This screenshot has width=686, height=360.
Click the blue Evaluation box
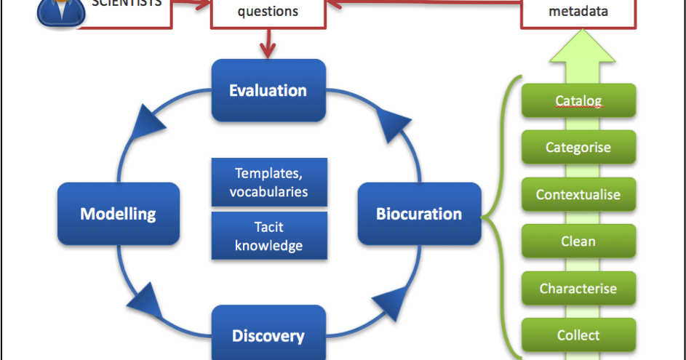(268, 91)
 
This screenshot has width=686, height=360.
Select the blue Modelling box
(119, 214)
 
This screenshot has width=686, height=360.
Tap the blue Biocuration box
(419, 214)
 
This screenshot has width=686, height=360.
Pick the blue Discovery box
(268, 335)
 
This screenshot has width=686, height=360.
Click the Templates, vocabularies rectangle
(268, 183)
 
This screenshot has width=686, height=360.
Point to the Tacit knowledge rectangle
(268, 236)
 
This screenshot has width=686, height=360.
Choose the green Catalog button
(578, 100)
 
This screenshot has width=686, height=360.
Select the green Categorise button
(578, 148)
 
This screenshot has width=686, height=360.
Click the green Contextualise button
(578, 194)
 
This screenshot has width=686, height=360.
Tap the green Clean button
(578, 241)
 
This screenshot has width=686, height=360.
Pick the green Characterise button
(578, 289)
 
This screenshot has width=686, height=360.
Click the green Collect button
(578, 335)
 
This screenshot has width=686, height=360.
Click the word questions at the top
(268, 12)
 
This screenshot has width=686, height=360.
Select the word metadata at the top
(578, 12)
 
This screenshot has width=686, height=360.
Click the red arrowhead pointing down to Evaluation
(268, 51)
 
